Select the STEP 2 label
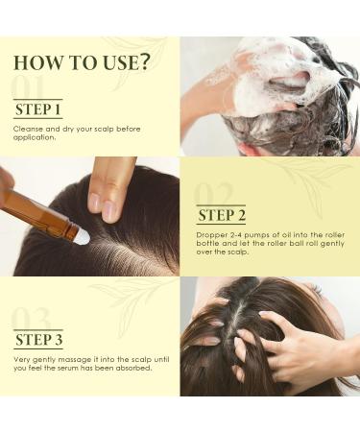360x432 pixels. coord(221,214)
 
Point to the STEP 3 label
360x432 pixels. coord(39,338)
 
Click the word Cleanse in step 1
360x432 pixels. coord(29,128)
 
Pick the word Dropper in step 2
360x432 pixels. coord(212,234)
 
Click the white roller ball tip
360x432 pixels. coord(84,236)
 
